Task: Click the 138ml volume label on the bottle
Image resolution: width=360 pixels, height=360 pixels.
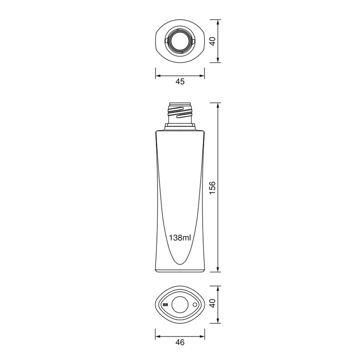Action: point(180,238)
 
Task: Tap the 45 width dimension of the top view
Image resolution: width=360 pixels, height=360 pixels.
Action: point(180,82)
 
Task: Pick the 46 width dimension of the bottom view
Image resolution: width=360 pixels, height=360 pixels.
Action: point(180,342)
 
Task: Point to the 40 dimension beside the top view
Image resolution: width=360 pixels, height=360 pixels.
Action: point(213,41)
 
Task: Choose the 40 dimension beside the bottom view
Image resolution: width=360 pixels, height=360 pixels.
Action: point(213,304)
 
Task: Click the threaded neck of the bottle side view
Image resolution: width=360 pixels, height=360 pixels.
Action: point(180,113)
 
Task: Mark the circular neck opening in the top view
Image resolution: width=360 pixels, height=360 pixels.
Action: point(180,41)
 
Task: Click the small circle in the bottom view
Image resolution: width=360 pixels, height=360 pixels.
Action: point(194,304)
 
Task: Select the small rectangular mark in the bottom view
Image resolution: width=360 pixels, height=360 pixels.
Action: point(166,305)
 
